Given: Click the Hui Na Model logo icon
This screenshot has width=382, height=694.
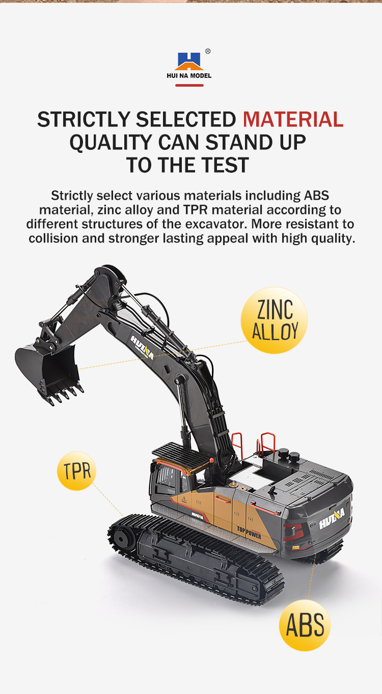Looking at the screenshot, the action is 188,61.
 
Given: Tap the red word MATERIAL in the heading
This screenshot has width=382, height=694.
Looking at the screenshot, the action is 293,119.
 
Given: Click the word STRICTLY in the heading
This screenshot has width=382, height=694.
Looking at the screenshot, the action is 84,119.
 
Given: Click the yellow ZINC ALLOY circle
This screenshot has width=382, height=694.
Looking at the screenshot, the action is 274,320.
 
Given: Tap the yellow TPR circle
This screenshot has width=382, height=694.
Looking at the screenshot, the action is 76,471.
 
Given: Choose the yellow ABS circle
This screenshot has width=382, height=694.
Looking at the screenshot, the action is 305,625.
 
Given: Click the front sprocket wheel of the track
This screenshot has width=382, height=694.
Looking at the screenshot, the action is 122,539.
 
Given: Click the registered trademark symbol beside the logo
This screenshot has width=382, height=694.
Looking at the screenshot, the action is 208,51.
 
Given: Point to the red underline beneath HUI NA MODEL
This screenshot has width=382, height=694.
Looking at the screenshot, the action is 189,85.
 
